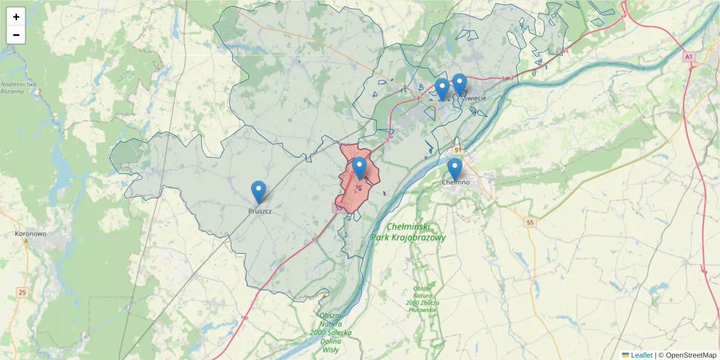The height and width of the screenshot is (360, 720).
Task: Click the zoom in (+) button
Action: [x=16, y=17]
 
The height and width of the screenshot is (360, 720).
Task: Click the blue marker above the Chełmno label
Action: [x=455, y=169]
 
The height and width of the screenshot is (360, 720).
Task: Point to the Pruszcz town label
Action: [x=260, y=211]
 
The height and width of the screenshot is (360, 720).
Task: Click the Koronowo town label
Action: [x=30, y=233]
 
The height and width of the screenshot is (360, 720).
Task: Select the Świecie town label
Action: [x=474, y=98]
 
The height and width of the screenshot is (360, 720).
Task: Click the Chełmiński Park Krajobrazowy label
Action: [x=408, y=232]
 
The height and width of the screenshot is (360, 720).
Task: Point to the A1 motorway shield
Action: [x=689, y=56]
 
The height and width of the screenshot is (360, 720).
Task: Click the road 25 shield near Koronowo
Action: [x=22, y=292]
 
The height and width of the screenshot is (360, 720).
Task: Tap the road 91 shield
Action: [x=458, y=149]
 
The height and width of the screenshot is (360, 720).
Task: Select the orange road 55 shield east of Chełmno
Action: [x=529, y=223]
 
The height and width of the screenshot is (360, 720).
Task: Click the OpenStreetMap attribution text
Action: [x=687, y=355]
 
